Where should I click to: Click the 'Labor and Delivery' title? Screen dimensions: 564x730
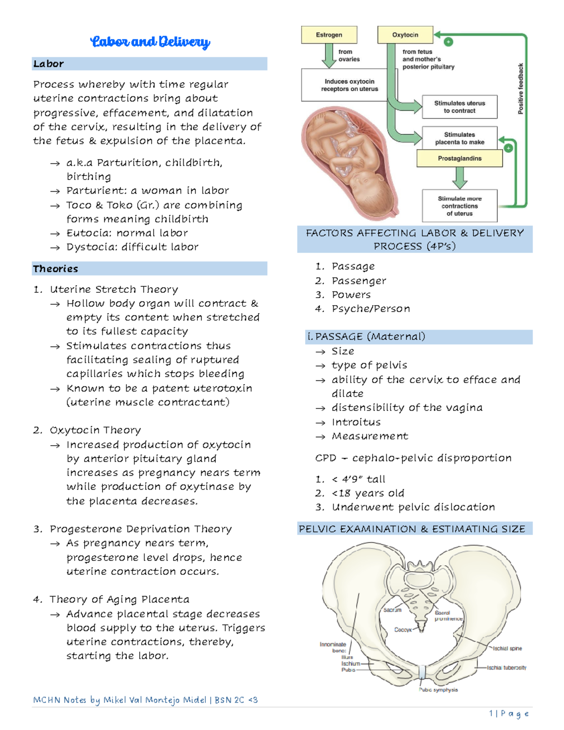click(x=150, y=42)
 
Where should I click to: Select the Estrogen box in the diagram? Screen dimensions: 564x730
click(x=329, y=35)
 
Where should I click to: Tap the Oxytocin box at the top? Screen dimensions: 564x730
click(x=405, y=35)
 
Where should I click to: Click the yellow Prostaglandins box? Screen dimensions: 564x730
click(x=459, y=158)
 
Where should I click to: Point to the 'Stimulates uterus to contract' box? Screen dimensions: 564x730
click(x=459, y=107)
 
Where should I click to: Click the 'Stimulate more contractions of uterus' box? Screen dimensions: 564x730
click(x=459, y=206)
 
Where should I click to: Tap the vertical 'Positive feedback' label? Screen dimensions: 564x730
click(x=520, y=89)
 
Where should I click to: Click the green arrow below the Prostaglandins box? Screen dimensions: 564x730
click(x=460, y=177)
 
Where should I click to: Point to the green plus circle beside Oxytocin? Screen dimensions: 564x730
click(x=449, y=42)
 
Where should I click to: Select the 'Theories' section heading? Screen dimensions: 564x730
click(x=55, y=269)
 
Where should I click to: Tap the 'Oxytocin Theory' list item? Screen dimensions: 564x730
click(x=95, y=430)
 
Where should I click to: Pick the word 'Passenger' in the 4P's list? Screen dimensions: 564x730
click(x=359, y=281)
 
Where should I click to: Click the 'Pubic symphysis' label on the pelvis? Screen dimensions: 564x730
click(x=438, y=690)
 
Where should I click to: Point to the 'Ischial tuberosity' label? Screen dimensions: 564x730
click(x=506, y=667)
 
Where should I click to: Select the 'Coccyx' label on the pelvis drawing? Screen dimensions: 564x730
click(x=403, y=629)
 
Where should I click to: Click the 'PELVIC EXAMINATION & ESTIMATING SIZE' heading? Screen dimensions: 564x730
click(x=412, y=529)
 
